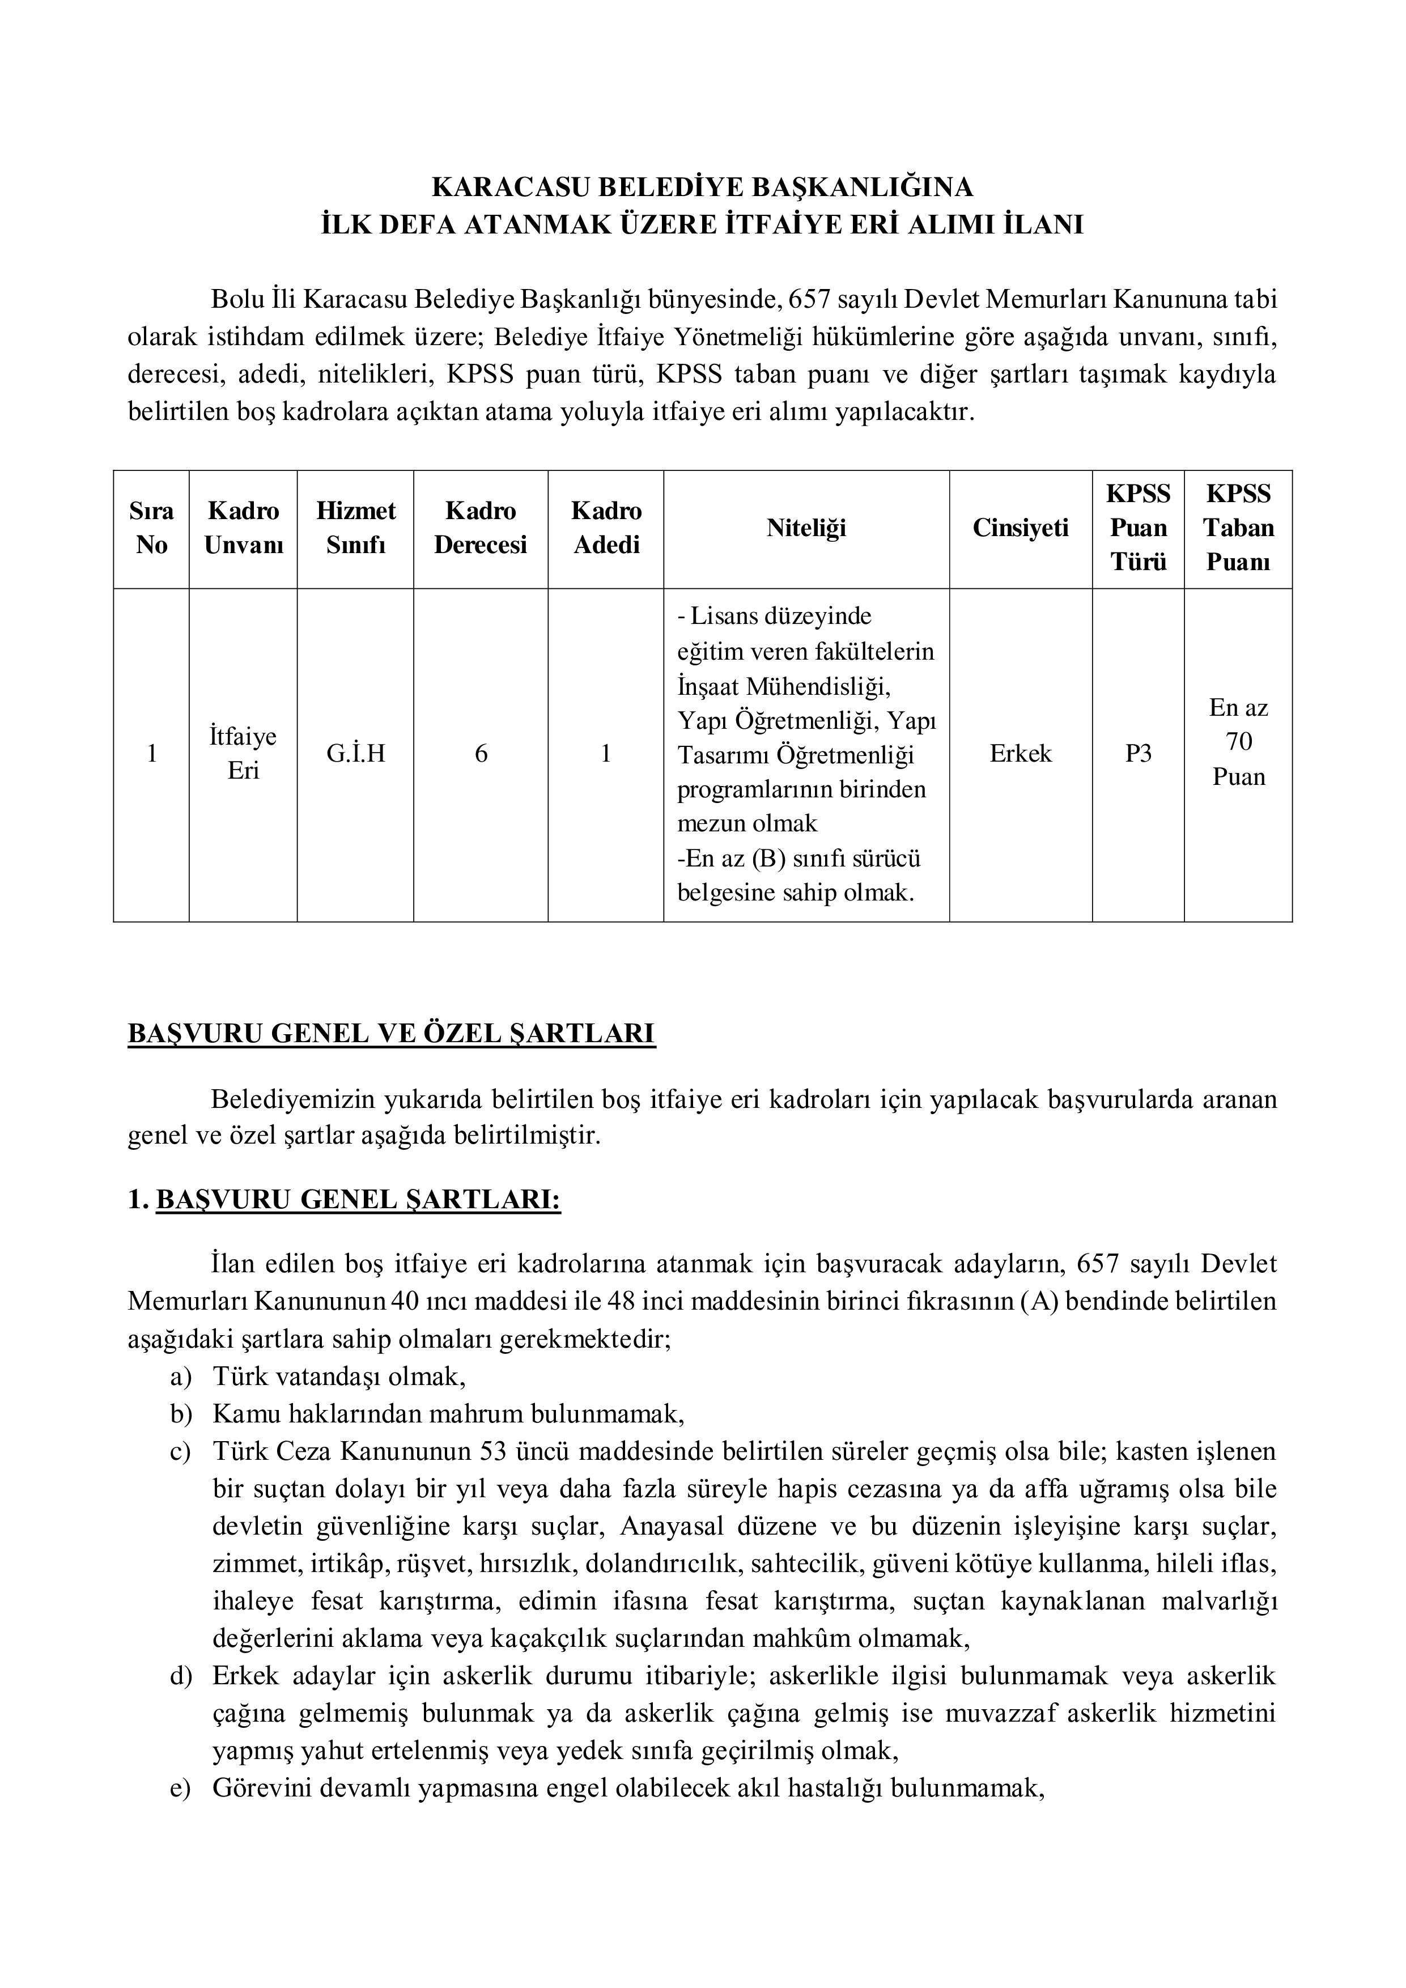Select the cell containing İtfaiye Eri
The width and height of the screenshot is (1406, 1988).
[x=243, y=753]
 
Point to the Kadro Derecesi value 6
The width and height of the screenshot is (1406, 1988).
[x=481, y=753]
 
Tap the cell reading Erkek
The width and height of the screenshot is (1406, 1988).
[x=1020, y=753]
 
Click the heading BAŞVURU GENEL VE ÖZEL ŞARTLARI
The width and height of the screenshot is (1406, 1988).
[x=392, y=1034]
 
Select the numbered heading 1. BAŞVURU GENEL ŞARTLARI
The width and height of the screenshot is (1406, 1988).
[x=344, y=1200]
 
